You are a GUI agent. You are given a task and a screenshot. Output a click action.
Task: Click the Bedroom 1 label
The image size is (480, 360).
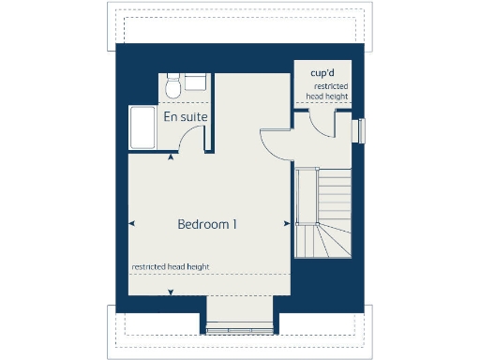[207, 225]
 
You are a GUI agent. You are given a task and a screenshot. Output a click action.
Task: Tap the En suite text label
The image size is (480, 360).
[185, 117]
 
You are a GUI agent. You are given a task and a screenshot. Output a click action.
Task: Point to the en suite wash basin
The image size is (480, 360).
[197, 82]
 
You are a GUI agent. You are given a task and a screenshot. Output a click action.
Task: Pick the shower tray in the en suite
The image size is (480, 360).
[143, 127]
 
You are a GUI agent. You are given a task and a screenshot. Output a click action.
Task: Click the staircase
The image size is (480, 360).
[322, 211]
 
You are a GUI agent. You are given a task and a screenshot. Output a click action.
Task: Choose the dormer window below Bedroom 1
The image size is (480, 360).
[240, 327]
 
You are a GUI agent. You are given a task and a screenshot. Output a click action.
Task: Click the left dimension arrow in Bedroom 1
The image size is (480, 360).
[130, 223]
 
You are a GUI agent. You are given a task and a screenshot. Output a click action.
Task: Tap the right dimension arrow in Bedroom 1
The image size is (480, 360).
[285, 223]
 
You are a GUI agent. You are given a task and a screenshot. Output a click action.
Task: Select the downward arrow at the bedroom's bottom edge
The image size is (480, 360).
[170, 294]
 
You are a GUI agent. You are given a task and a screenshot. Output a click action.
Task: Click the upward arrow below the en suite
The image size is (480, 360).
[170, 157]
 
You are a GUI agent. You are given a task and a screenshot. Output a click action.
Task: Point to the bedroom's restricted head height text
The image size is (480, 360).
[170, 267]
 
